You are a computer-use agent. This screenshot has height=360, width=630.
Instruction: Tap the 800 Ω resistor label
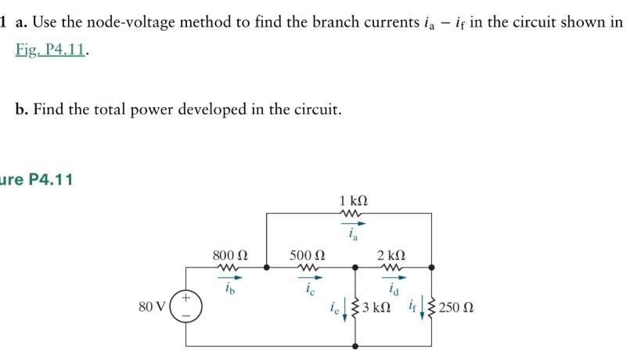coord(229,255)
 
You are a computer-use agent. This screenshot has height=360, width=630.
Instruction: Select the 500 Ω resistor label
coord(307,255)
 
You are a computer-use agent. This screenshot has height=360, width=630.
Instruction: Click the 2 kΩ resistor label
coord(391,255)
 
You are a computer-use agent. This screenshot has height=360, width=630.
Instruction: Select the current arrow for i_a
coord(351,223)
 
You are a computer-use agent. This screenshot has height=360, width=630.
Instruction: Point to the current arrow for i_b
coord(232,277)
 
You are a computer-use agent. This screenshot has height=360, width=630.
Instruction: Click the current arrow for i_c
coord(308,277)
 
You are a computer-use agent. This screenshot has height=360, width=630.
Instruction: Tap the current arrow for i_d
coord(391,277)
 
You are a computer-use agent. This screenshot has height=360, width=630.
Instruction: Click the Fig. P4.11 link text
coord(51,51)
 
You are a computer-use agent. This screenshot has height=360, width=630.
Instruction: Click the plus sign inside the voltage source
coord(186,298)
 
